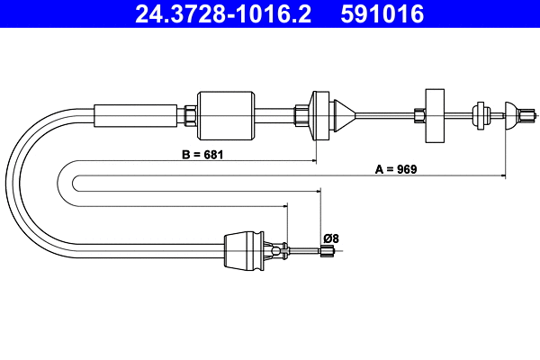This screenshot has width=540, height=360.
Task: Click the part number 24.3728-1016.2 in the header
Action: pyautogui.click(x=224, y=14)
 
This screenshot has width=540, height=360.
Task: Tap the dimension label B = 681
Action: pyautogui.click(x=202, y=154)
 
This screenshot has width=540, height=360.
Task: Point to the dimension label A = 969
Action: pyautogui.click(x=396, y=168)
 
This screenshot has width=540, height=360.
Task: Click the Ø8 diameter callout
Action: pyautogui.click(x=331, y=238)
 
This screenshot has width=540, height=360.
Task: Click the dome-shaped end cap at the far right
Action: pyautogui.click(x=515, y=113)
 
